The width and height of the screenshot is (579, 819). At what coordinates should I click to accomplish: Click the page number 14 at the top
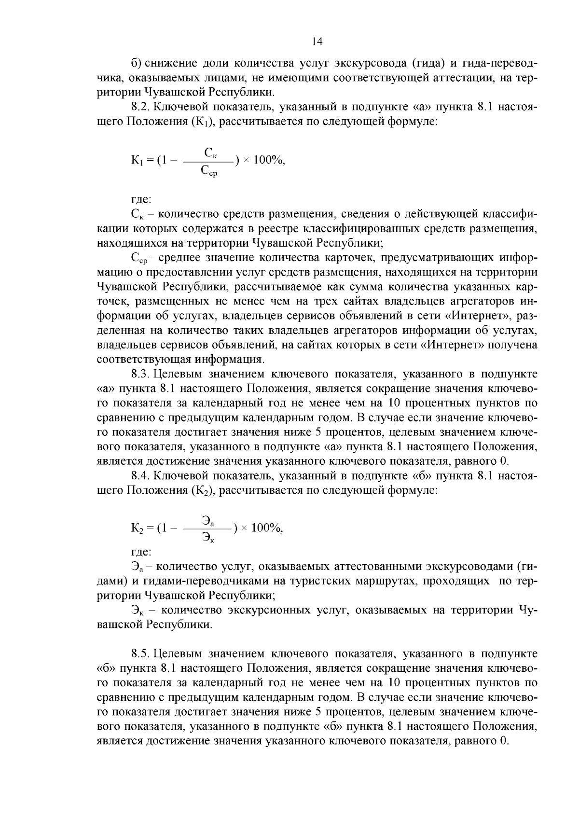(x=317, y=42)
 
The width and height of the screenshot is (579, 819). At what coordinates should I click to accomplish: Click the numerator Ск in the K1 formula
(x=210, y=153)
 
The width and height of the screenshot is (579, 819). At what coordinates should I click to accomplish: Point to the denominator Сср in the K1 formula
(x=209, y=170)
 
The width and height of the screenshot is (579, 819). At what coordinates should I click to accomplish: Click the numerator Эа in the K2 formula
(x=208, y=521)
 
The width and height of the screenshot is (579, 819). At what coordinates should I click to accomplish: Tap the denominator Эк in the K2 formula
(x=208, y=537)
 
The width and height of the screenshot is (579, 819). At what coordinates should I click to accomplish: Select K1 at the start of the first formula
(x=136, y=161)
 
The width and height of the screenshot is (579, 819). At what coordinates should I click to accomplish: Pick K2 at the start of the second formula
(x=136, y=528)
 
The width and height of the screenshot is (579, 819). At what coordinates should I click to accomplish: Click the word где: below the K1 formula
(x=141, y=199)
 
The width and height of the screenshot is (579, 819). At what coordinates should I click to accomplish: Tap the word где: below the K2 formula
(x=141, y=551)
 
